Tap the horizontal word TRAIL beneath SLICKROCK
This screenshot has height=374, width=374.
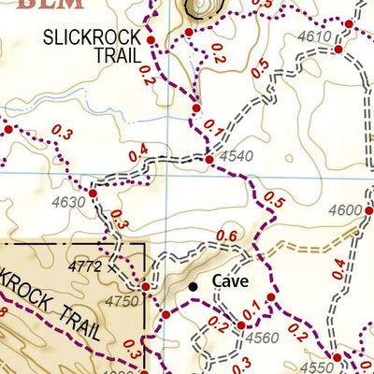coord(116,55)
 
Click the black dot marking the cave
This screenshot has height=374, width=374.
coord(194,286)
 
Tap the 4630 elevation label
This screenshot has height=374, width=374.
coord(68,202)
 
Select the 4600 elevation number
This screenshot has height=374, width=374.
coord(345,210)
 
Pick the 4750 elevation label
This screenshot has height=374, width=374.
coord(122,301)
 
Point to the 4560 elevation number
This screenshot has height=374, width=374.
coord(262,338)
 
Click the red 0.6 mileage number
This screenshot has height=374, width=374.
coord(226,236)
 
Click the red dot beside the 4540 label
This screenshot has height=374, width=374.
coord(209,161)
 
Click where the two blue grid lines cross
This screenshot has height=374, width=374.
coord(168,173)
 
